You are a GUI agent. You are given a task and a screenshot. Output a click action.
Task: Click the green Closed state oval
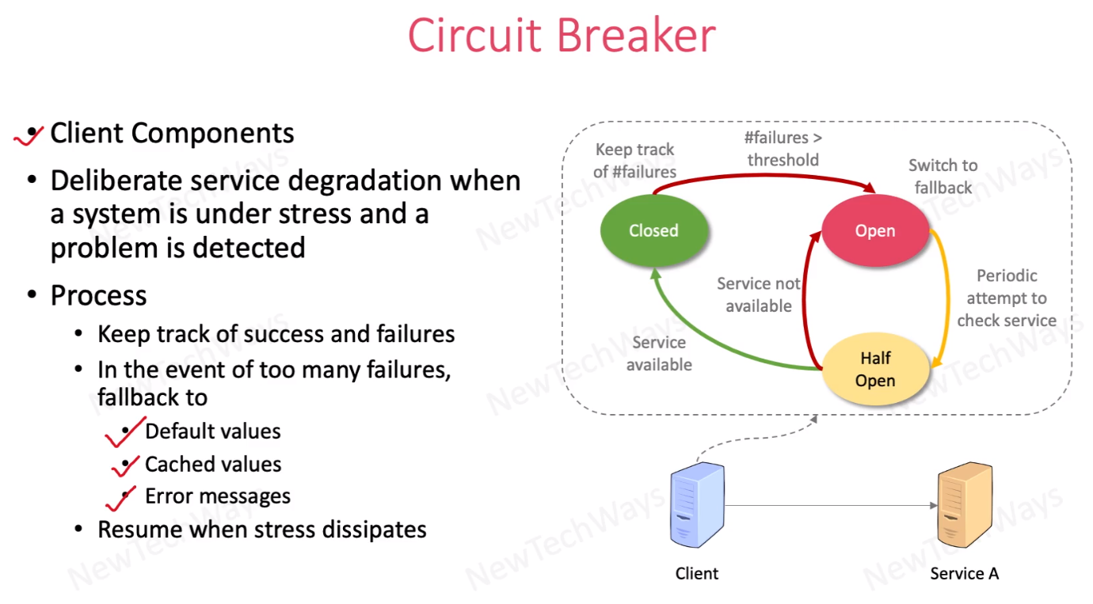pos(654,230)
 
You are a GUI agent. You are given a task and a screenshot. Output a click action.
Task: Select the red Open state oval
pos(875,230)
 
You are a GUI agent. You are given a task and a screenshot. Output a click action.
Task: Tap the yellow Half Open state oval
pos(875,369)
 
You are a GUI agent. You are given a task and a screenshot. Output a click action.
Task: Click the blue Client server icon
pos(697,505)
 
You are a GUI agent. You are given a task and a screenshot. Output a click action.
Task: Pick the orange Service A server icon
pos(965,505)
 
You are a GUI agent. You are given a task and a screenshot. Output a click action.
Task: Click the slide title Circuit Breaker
pos(562,35)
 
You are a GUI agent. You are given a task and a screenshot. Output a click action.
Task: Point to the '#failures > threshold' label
pos(783,149)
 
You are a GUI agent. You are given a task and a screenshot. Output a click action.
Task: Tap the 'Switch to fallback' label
pos(943,176)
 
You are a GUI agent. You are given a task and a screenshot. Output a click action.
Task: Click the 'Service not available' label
pos(759,294)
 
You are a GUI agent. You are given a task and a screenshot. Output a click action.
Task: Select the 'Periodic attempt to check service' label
pos(1007,298)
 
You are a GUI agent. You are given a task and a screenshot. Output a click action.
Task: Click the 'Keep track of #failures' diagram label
pos(635,161)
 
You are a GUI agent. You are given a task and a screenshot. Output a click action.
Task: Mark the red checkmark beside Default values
pos(125,432)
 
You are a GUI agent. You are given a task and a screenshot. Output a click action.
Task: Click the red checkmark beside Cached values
pos(125,465)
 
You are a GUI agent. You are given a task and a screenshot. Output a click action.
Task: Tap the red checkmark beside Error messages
pos(120,499)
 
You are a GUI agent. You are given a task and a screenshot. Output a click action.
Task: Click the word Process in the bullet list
pos(98,295)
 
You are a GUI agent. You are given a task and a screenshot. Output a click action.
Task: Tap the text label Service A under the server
pos(964,574)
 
